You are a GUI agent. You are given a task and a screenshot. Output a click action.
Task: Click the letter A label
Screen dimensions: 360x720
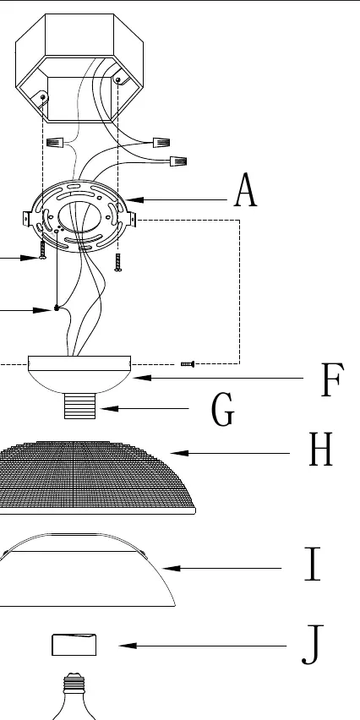pyautogui.click(x=246, y=190)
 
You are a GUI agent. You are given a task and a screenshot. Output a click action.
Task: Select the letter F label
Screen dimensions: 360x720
pyautogui.click(x=332, y=379)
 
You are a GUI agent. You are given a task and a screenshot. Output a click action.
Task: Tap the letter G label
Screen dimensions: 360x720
pyautogui.click(x=223, y=410)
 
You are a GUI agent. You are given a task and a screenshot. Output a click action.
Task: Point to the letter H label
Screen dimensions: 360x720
pyautogui.click(x=320, y=449)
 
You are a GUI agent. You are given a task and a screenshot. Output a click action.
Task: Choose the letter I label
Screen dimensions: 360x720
pyautogui.click(x=313, y=564)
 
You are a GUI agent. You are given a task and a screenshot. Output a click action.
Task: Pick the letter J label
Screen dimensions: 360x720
pyautogui.click(x=313, y=645)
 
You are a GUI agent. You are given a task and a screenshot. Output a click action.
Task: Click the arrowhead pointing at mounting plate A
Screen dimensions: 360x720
pyautogui.click(x=134, y=199)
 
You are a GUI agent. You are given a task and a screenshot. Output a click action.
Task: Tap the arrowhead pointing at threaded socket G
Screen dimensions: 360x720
pyautogui.click(x=109, y=408)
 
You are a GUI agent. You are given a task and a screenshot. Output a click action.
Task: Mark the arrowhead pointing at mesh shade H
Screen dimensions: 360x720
pyautogui.click(x=179, y=453)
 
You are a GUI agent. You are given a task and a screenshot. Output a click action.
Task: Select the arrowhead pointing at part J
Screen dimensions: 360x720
pyautogui.click(x=128, y=646)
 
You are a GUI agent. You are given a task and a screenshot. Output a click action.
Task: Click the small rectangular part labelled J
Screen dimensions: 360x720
pyautogui.click(x=74, y=645)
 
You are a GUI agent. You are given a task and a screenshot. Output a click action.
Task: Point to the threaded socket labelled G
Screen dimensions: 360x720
pyautogui.click(x=80, y=406)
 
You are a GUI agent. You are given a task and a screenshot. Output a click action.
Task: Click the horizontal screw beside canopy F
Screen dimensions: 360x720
pyautogui.click(x=188, y=364)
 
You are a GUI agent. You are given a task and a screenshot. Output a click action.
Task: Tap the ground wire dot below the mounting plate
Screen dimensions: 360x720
pyautogui.click(x=57, y=308)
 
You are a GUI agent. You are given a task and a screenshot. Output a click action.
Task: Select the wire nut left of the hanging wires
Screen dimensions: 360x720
pyautogui.click(x=55, y=143)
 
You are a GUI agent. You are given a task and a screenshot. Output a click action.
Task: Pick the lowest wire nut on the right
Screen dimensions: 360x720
pyautogui.click(x=178, y=161)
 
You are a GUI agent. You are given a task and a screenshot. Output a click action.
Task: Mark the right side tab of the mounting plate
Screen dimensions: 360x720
pyautogui.click(x=133, y=220)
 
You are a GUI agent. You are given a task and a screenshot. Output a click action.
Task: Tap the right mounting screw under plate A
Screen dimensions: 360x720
pyautogui.click(x=118, y=262)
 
